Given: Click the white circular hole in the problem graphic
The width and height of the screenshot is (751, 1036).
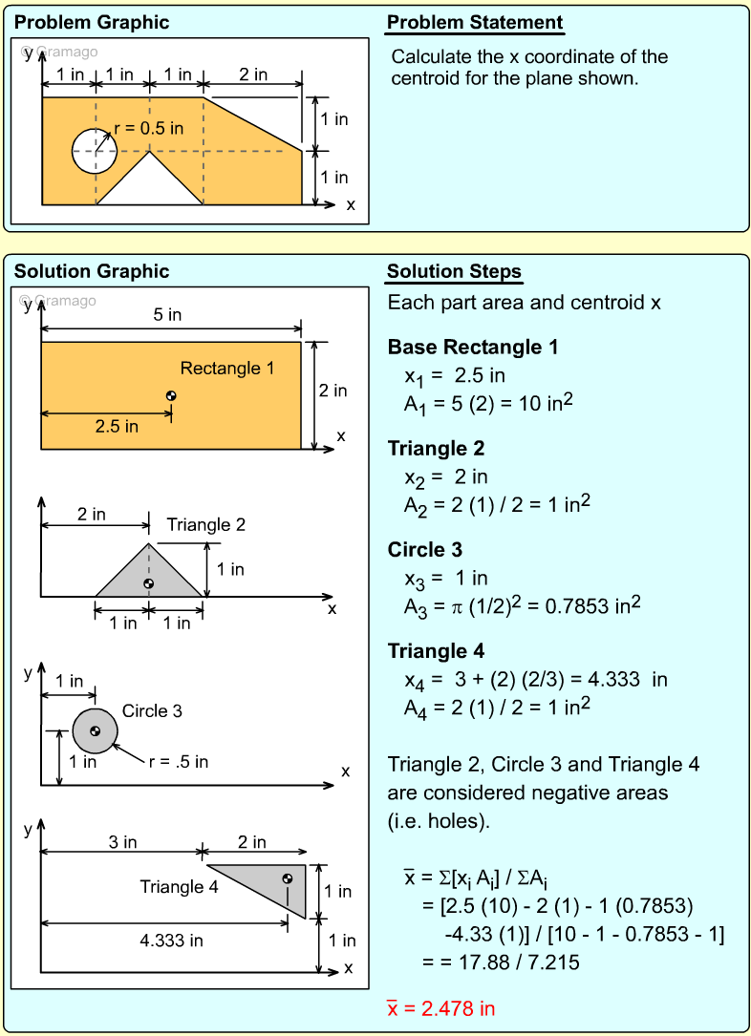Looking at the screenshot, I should (95, 150).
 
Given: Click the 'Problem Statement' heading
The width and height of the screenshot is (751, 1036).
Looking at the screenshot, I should (475, 23).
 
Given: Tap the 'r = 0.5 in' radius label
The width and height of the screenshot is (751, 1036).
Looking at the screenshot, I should (148, 128).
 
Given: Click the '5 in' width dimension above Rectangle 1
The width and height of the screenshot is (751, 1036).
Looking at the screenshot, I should (167, 314).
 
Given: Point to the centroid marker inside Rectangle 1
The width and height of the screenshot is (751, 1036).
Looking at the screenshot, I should (171, 396).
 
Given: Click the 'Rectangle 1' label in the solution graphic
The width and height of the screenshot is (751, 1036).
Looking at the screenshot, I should (227, 368).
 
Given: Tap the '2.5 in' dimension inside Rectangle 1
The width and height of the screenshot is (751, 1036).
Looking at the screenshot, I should (117, 427).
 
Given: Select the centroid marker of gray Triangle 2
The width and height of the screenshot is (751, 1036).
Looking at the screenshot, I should (148, 583).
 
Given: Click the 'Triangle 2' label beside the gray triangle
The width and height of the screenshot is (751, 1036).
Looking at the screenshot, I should (206, 524).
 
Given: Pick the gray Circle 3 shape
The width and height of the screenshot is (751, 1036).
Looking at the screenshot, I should (95, 731).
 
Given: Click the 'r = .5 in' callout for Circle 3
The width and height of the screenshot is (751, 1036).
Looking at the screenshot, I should (179, 761).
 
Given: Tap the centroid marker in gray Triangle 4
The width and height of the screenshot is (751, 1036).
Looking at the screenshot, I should (287, 878).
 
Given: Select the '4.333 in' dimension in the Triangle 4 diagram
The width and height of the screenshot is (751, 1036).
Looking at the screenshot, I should (171, 941).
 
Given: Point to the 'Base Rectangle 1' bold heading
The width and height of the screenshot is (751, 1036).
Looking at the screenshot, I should (473, 347).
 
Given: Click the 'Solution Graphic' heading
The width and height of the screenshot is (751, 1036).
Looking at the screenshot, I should (92, 271).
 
